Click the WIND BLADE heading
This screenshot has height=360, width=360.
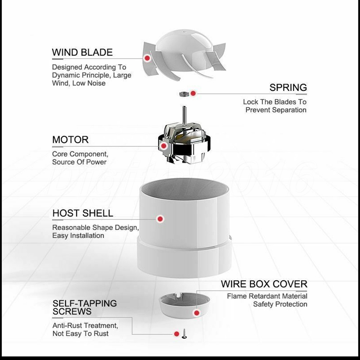[x=82, y=52]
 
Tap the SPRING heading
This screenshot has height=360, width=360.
[x=288, y=87]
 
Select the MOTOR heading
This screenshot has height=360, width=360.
[x=70, y=140]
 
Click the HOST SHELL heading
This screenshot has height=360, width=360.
[x=83, y=213]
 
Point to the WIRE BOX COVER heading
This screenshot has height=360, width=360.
[x=264, y=284]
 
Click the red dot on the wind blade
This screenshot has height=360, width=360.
[x=147, y=58]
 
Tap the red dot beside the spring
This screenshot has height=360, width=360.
[x=193, y=93]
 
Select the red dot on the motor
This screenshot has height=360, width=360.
[x=164, y=146]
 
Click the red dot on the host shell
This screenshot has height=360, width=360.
[x=160, y=219]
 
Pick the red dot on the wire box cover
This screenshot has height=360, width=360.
[x=197, y=313]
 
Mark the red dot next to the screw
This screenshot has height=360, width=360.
[x=176, y=334]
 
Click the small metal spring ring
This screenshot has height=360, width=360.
[x=184, y=94]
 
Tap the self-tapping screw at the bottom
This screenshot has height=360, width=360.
[x=184, y=334]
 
